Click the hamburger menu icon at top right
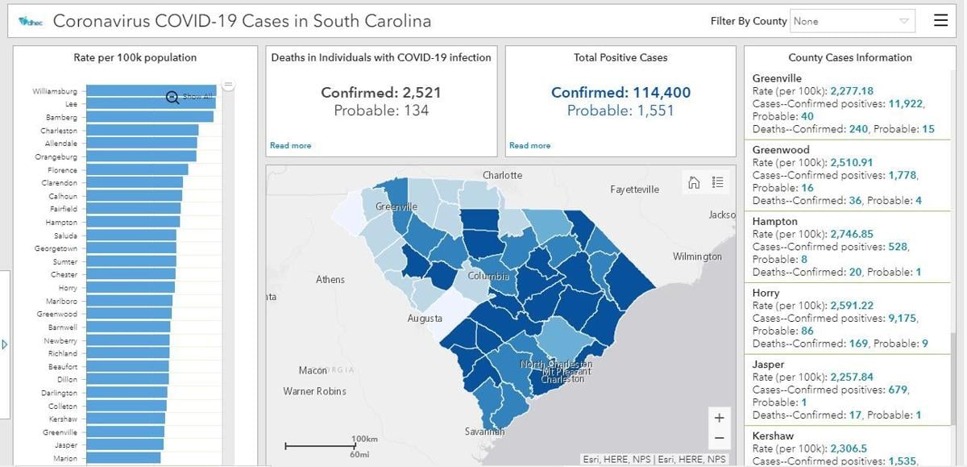click(940, 21)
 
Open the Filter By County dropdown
click(853, 21)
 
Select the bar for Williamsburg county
click(151, 91)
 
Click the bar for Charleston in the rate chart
click(142, 131)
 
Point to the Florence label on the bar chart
click(62, 170)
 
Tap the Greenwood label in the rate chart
click(57, 314)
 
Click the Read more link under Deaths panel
click(290, 145)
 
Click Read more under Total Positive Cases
click(529, 145)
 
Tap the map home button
click(694, 182)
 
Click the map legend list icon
click(718, 182)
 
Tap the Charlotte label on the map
click(502, 175)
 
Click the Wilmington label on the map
click(697, 256)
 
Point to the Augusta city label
click(425, 319)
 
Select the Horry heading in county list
click(766, 293)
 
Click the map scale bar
click(321, 445)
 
